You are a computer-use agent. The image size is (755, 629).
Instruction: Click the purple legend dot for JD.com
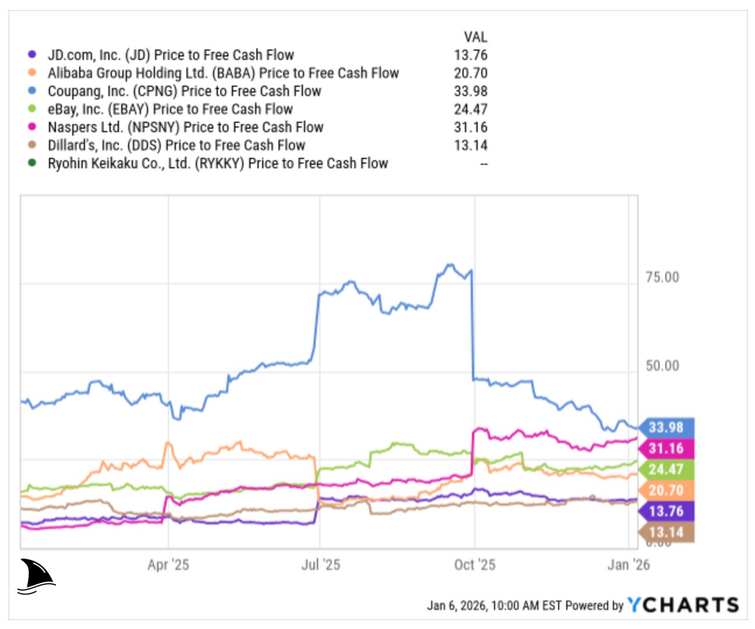coord(32,55)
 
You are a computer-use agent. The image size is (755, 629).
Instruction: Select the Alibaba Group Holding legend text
coord(223,73)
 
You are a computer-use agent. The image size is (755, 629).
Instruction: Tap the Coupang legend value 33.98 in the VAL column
coord(471,91)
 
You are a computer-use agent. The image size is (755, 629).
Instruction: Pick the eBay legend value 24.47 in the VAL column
coord(471,109)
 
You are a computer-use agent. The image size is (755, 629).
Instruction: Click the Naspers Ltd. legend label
coord(185,128)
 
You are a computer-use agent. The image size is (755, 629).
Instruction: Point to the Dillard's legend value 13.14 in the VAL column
coord(471,146)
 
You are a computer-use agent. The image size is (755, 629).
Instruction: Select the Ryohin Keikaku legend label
coord(217,164)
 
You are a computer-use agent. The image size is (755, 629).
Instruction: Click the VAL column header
coord(475,37)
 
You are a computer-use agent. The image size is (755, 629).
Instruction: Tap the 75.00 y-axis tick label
coord(662,277)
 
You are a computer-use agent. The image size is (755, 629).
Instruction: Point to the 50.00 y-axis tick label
coord(662,366)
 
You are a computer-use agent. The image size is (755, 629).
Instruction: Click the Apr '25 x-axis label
coord(168,564)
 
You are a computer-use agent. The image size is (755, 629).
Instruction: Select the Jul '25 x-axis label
coord(320,564)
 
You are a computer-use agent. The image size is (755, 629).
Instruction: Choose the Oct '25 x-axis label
coord(475,564)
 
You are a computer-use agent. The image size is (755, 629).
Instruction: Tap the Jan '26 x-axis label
coord(629,564)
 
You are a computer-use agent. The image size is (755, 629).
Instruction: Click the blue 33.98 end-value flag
coord(666,427)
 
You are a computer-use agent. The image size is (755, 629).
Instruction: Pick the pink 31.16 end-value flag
coord(666,448)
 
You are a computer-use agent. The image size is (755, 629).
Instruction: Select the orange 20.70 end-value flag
coord(666,490)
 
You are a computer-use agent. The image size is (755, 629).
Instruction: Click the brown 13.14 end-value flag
coord(666,532)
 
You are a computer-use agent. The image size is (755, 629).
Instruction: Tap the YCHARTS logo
coord(683,605)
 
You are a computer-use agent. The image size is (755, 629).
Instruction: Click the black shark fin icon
coord(36,576)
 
